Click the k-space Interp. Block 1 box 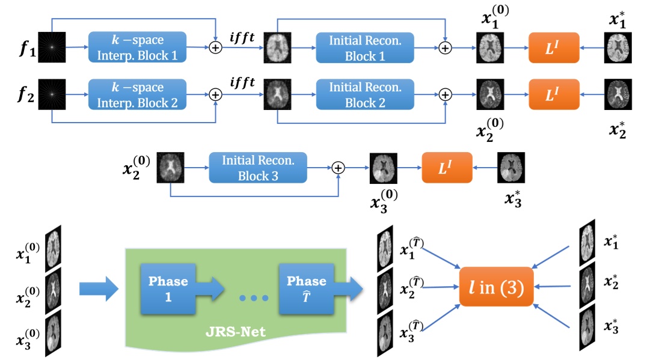(x=138, y=47)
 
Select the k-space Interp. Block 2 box (x=138, y=94)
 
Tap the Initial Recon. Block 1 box (x=365, y=47)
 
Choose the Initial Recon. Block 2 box (x=365, y=94)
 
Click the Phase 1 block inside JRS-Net (x=168, y=288)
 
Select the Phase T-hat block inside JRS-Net (x=306, y=288)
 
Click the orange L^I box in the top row (x=553, y=46)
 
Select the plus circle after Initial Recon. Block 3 (x=339, y=168)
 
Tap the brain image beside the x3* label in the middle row (x=511, y=166)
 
